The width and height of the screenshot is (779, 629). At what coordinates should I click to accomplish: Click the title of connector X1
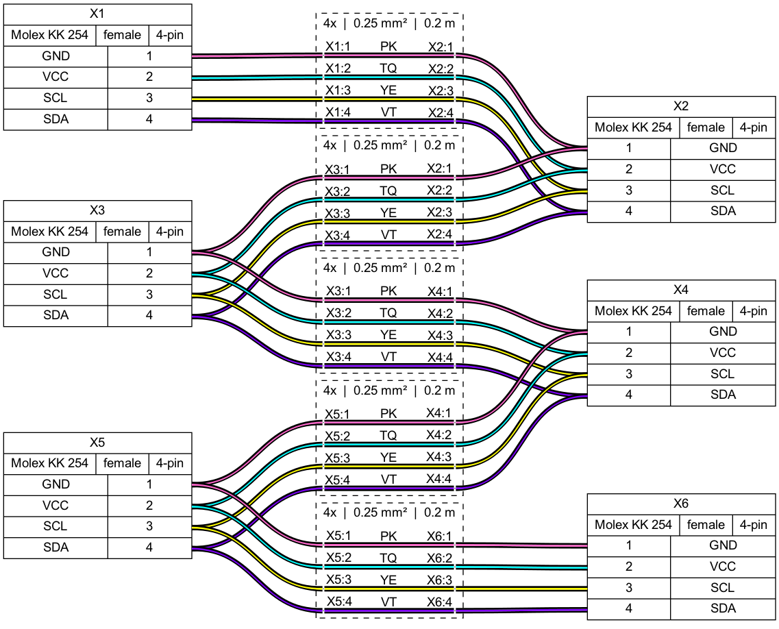pyautogui.click(x=97, y=14)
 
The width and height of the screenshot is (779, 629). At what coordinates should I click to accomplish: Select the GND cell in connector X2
pyautogui.click(x=723, y=148)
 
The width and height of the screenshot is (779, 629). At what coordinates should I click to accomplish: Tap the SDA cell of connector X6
pyautogui.click(x=723, y=608)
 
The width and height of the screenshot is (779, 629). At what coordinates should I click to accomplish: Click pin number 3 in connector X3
pyautogui.click(x=149, y=295)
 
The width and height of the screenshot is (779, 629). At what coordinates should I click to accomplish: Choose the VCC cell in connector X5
pyautogui.click(x=55, y=506)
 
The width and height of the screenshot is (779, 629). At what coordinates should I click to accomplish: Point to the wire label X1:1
pyautogui.click(x=338, y=46)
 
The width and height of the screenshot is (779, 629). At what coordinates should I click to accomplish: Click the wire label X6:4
pyautogui.click(x=440, y=602)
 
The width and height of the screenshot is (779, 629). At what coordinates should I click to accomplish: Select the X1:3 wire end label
pyautogui.click(x=338, y=90)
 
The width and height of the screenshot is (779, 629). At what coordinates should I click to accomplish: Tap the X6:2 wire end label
pyautogui.click(x=440, y=558)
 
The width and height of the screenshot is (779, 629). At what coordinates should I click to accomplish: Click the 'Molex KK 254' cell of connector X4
pyautogui.click(x=634, y=311)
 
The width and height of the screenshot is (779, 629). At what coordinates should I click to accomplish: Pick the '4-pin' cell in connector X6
pyautogui.click(x=754, y=525)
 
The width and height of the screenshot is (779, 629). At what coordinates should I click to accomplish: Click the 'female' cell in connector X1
pyautogui.click(x=122, y=35)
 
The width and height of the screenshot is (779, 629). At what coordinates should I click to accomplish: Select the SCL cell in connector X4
pyautogui.click(x=723, y=374)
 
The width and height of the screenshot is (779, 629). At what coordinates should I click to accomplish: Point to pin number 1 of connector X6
pyautogui.click(x=629, y=545)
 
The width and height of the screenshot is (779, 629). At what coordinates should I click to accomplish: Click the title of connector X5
pyautogui.click(x=97, y=442)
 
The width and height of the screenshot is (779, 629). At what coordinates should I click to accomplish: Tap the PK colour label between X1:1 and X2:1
pyautogui.click(x=388, y=46)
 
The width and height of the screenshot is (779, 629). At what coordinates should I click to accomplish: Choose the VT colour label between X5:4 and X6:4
pyautogui.click(x=388, y=602)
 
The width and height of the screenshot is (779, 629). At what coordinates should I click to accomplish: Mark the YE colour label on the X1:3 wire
pyautogui.click(x=388, y=90)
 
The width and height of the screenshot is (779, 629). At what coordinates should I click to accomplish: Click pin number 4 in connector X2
pyautogui.click(x=629, y=211)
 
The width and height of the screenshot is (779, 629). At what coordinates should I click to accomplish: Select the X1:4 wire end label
pyautogui.click(x=338, y=112)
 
